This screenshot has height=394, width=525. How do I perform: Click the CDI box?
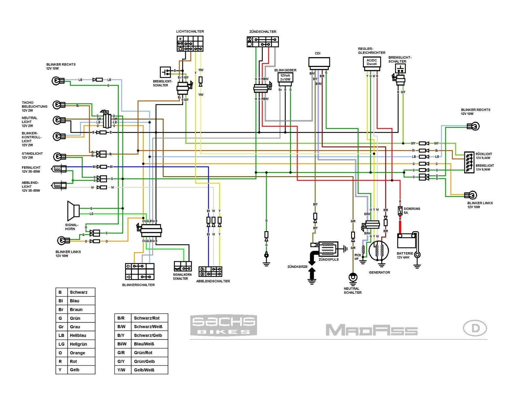319,62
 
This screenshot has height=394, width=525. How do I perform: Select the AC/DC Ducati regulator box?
371,62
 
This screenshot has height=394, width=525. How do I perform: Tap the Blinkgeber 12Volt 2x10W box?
285,77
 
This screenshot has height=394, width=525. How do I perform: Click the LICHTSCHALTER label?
190,32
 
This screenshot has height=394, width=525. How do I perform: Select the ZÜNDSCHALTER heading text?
262,32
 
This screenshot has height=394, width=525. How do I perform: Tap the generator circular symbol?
378,251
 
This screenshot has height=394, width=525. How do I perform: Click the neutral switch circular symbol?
353,277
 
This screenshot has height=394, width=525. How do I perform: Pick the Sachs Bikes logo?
223,325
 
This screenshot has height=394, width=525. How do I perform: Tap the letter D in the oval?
475,328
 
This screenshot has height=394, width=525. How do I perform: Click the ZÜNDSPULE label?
328,259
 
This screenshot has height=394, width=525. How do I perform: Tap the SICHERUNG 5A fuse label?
411,210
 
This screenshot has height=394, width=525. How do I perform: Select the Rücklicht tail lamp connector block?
469,162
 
